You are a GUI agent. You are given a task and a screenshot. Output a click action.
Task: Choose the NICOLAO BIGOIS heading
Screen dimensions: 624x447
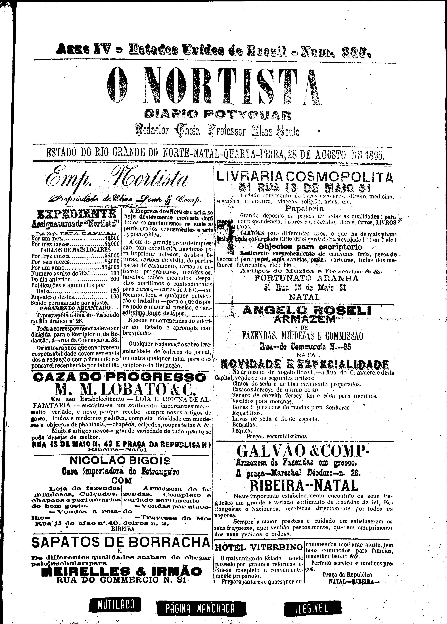coord(120,461)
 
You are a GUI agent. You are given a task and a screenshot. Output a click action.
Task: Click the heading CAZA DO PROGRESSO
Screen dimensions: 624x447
coord(119,377)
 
